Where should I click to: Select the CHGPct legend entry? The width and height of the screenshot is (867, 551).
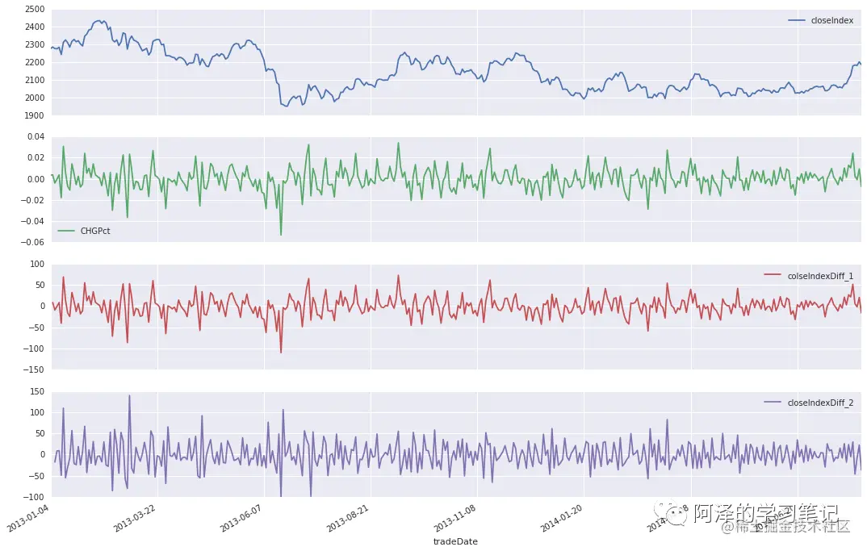tap(95, 231)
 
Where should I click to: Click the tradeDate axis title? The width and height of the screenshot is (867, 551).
tap(455, 542)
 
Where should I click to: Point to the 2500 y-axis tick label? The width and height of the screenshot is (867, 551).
tap(34, 10)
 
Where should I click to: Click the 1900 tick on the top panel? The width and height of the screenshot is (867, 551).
tap(34, 115)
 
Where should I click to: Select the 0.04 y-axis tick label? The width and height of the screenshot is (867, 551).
tap(34, 137)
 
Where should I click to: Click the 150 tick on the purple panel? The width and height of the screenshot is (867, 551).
tap(36, 391)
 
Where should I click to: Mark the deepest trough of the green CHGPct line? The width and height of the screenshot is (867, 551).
tap(281, 235)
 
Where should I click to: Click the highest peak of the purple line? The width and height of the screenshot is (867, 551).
tap(129, 395)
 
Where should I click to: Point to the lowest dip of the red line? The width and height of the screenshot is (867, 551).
tap(281, 353)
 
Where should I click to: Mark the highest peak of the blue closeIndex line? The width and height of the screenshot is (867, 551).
tap(101, 20)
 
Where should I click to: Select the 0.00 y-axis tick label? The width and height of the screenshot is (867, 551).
tap(34, 179)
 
